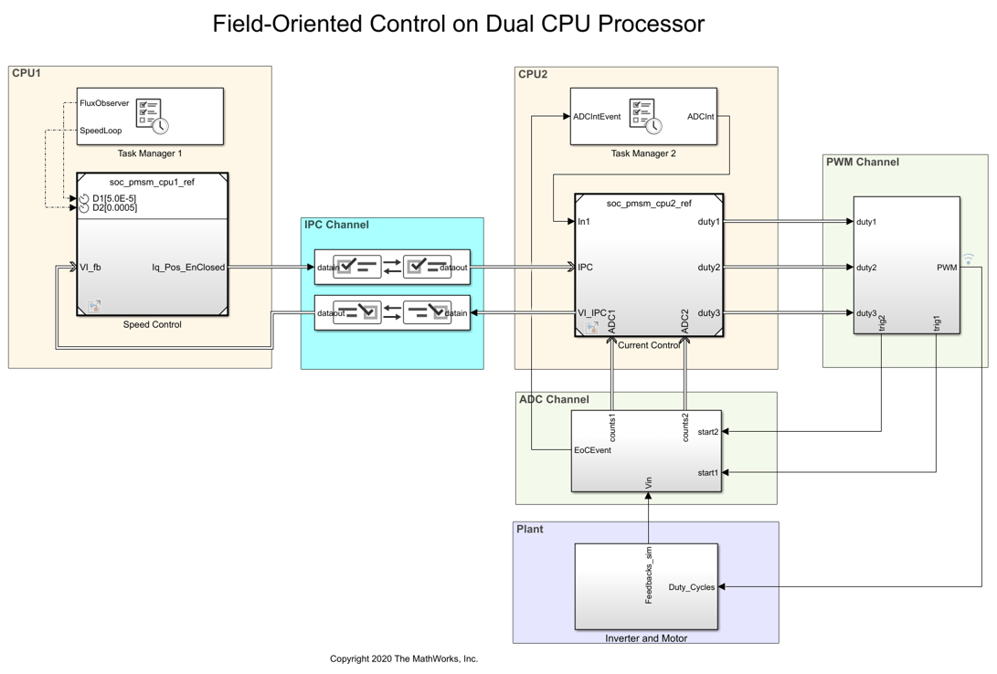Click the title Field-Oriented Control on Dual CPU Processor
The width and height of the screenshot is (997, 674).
tap(458, 24)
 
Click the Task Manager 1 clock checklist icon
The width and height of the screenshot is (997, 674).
tap(152, 116)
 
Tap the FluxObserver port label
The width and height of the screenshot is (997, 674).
tap(104, 103)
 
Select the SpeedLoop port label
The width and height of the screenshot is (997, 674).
tap(101, 131)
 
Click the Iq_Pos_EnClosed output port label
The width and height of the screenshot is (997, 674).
tap(188, 268)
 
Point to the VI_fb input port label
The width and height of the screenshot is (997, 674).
tap(90, 268)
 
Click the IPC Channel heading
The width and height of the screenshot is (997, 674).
tap(336, 225)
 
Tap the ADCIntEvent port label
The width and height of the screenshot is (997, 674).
tap(597, 117)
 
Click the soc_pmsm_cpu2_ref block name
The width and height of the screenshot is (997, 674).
tap(649, 204)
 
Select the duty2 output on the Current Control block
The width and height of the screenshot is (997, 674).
tap(708, 268)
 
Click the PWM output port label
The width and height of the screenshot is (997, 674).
tap(947, 268)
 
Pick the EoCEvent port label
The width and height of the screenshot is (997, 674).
tap(592, 450)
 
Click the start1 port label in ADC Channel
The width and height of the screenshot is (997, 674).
tap(707, 473)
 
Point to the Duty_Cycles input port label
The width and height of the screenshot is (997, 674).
tap(691, 587)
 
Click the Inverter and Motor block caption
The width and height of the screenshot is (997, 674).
tap(646, 638)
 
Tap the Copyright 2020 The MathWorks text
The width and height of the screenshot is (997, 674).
tap(404, 658)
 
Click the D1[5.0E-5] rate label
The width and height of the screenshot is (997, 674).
tap(114, 198)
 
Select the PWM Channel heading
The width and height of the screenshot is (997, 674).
tap(862, 163)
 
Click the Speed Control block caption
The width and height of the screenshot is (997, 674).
tap(153, 324)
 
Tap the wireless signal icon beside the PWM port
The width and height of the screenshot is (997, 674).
tap(969, 259)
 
